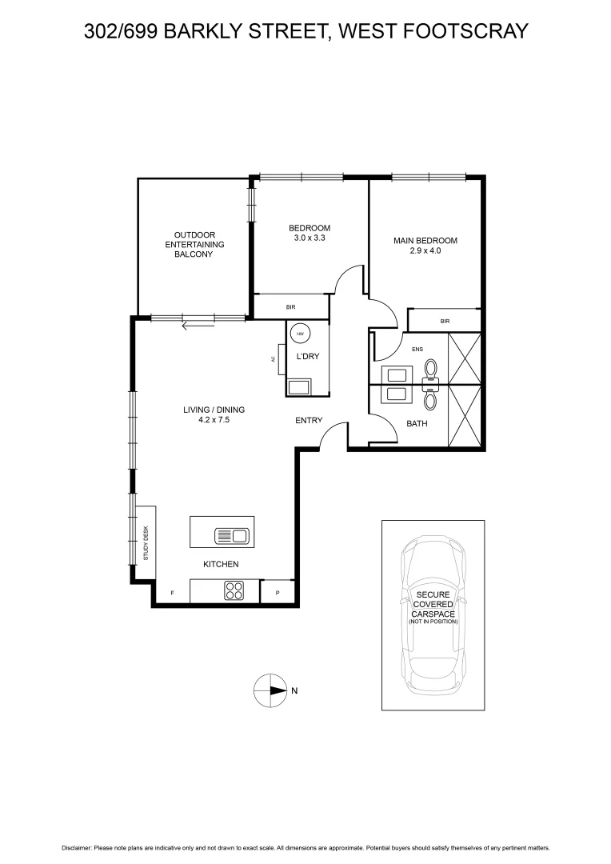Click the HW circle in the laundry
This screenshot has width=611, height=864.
[301, 334]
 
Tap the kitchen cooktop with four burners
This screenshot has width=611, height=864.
[234, 591]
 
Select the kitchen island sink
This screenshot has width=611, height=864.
[233, 534]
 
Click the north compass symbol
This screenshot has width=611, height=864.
[270, 690]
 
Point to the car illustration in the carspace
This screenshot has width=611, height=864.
[433, 614]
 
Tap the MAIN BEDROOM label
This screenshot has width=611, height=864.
[425, 241]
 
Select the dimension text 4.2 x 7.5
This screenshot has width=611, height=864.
[214, 419]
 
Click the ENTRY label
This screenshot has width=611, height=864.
[309, 420]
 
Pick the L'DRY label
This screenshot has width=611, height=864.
[308, 357]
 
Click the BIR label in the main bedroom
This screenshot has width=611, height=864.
[445, 321]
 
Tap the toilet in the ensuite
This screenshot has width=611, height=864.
[431, 369]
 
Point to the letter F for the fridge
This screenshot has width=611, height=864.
[172, 593]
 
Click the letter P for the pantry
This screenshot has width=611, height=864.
[278, 593]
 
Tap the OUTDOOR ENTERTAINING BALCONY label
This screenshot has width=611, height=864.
[194, 244]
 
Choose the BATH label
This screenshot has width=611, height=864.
[417, 423]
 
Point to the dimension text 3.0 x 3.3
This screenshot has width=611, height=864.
[309, 238]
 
